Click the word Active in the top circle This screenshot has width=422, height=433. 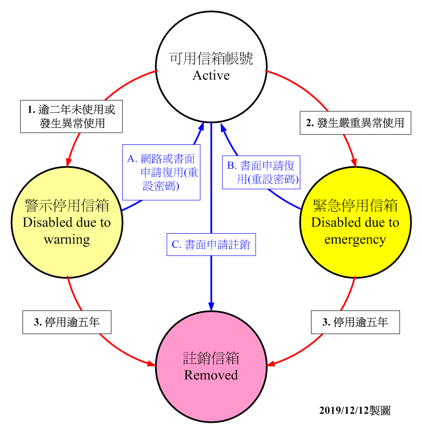[x=211, y=76]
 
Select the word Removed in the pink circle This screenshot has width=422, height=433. [x=211, y=375]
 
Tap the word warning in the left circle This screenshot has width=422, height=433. [x=67, y=239]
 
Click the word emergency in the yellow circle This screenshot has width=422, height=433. [x=355, y=240]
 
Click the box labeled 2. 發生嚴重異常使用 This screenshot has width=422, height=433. [x=355, y=123]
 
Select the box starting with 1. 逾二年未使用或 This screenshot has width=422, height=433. [x=71, y=117]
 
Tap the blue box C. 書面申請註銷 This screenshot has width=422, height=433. [x=211, y=244]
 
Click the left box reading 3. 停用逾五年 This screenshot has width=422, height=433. [x=67, y=322]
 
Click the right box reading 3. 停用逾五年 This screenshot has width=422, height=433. [x=355, y=322]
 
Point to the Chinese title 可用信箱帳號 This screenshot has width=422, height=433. [x=211, y=59]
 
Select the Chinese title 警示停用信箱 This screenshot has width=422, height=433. [x=67, y=205]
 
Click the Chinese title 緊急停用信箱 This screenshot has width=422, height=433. [x=355, y=205]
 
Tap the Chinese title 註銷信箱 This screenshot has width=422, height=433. [x=211, y=358]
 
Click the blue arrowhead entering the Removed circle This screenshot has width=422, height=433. [x=211, y=306]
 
